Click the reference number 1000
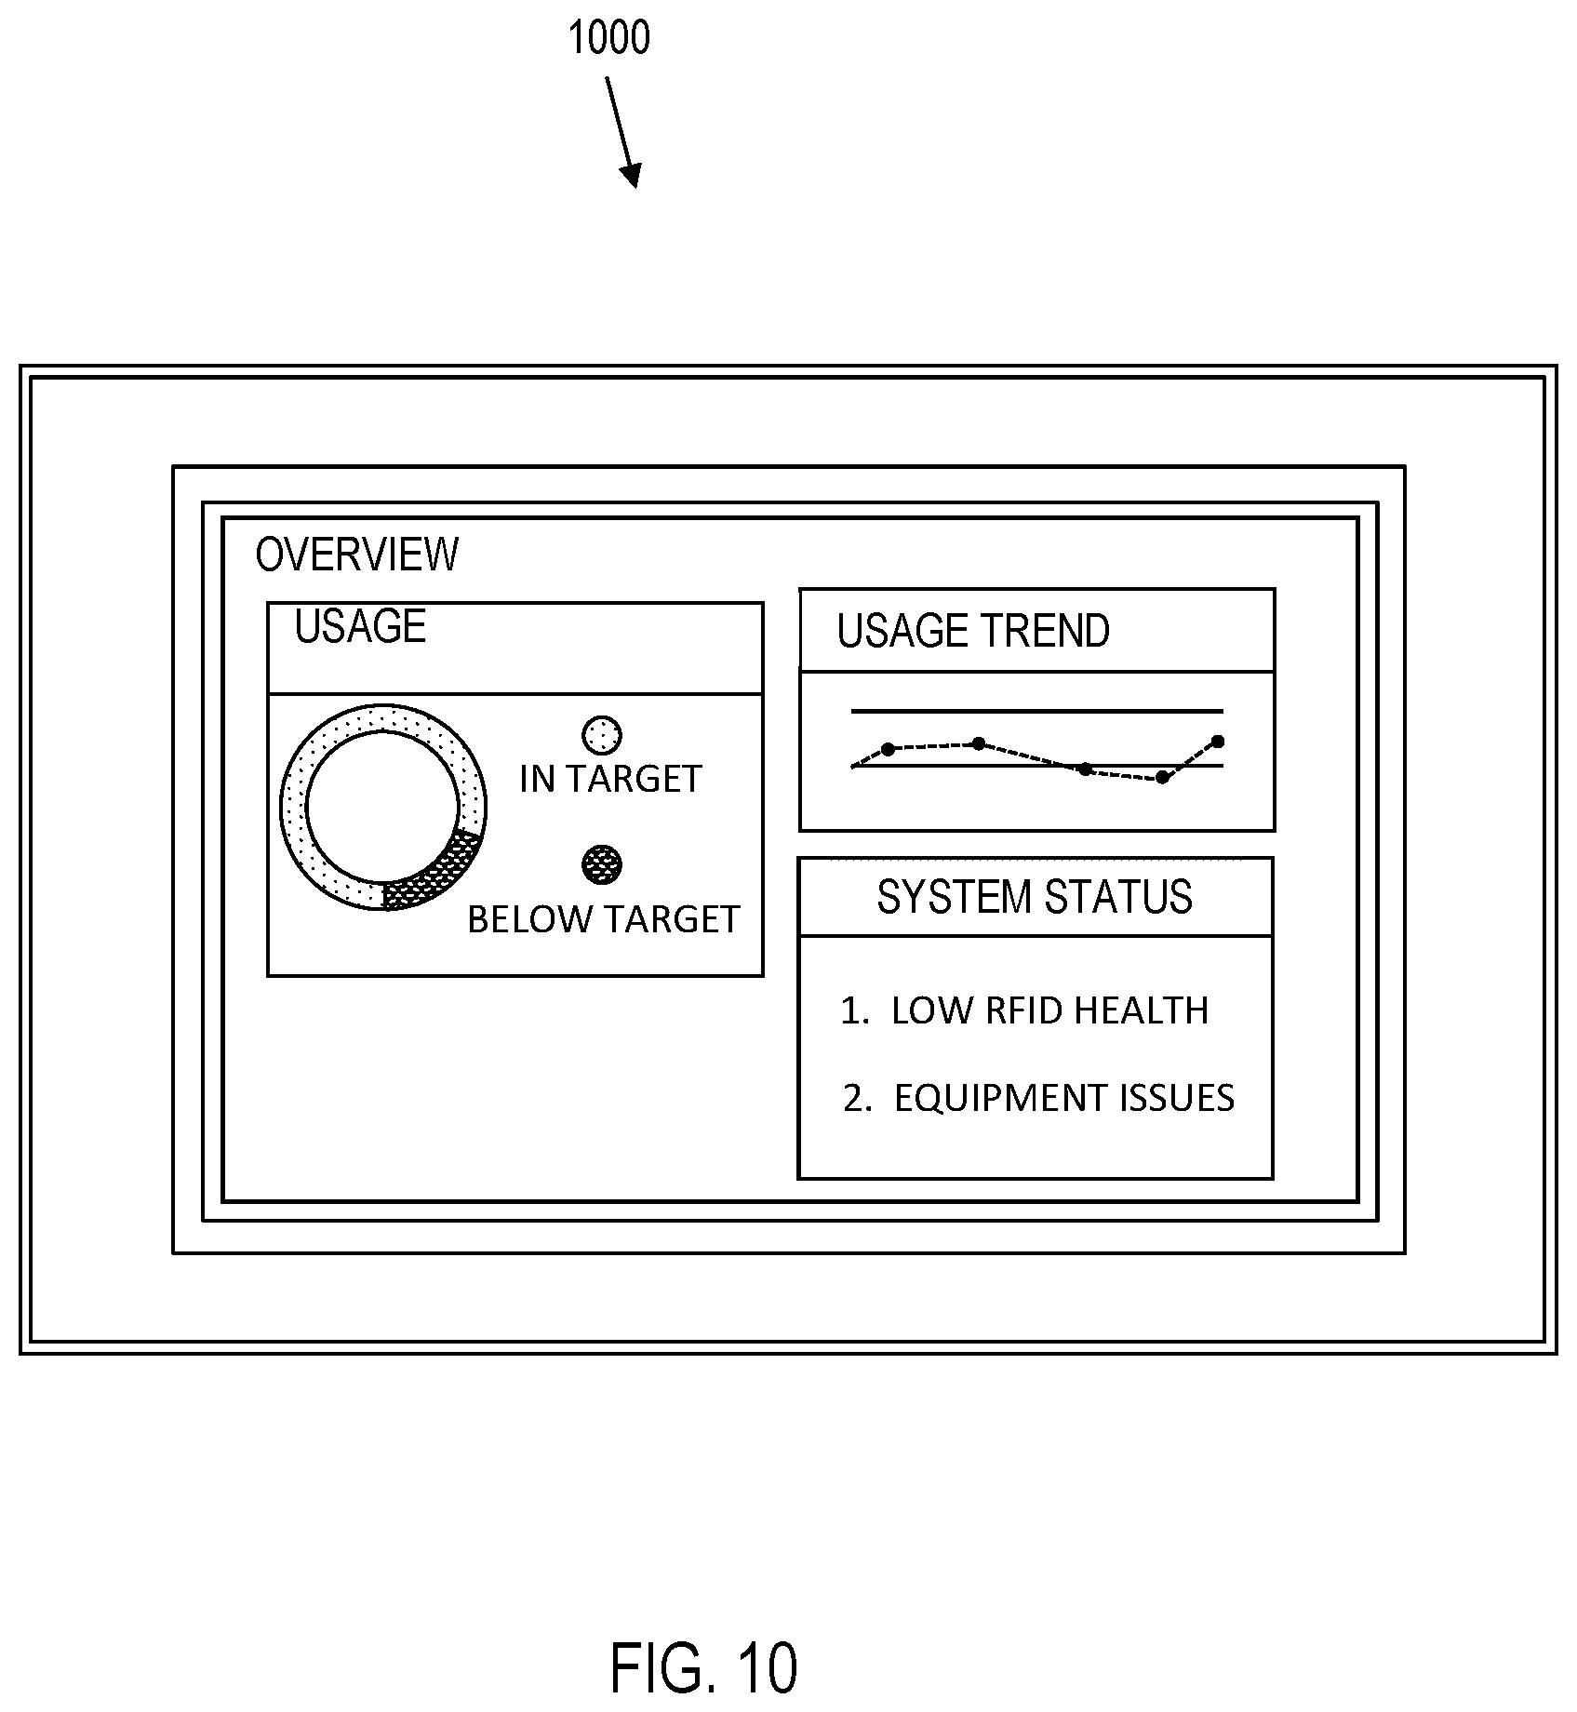[x=608, y=39]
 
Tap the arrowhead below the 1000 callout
[x=632, y=175]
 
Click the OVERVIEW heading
[x=356, y=555]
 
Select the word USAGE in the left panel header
[x=360, y=626]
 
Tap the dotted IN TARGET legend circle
[x=601, y=736]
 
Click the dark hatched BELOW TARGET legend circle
[x=601, y=865]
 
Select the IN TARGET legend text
[x=610, y=779]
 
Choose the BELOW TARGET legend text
[x=603, y=919]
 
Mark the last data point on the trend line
[x=1218, y=742]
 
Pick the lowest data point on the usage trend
[x=1162, y=778]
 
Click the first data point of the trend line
[x=888, y=749]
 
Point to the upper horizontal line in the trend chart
[x=1036, y=712]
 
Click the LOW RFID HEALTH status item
[x=1024, y=1010]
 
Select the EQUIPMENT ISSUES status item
[x=1038, y=1098]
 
